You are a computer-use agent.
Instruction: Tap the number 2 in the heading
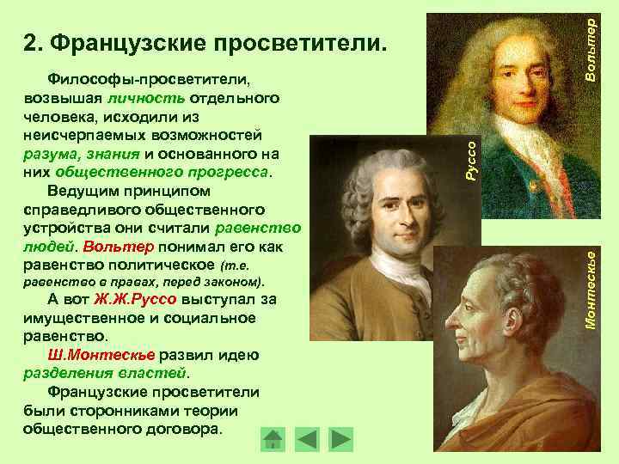29,42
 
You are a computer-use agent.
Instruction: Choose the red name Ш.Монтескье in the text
101,355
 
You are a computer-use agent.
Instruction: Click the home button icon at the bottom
272,438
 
